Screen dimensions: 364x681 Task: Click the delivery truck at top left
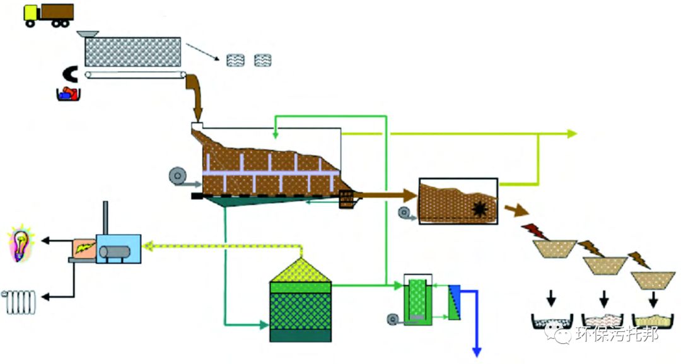click(48, 15)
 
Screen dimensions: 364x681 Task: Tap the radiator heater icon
click(20, 302)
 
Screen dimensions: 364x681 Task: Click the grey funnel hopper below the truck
click(88, 33)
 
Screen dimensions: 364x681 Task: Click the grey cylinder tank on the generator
click(118, 253)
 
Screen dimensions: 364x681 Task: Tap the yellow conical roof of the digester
click(300, 271)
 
